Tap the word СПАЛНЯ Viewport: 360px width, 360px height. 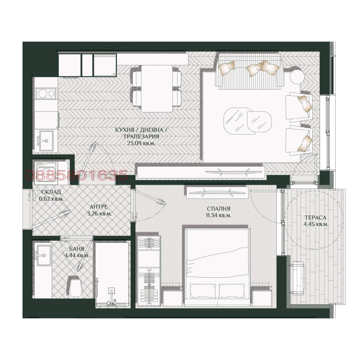point(219,209)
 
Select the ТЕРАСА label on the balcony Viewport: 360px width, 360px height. point(315,217)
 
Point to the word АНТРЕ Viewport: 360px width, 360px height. point(98,207)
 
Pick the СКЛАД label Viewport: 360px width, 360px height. point(51,192)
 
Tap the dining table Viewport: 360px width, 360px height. point(157,88)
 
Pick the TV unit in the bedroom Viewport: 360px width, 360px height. point(217,192)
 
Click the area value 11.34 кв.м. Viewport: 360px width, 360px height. point(219,216)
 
